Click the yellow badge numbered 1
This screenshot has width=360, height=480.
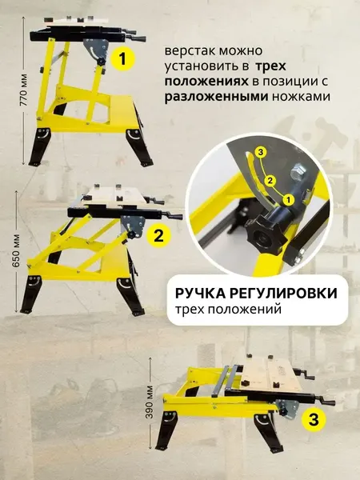click(123, 58)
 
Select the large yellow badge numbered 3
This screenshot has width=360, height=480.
click(314, 418)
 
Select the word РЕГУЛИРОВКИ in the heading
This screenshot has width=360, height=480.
click(289, 294)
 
